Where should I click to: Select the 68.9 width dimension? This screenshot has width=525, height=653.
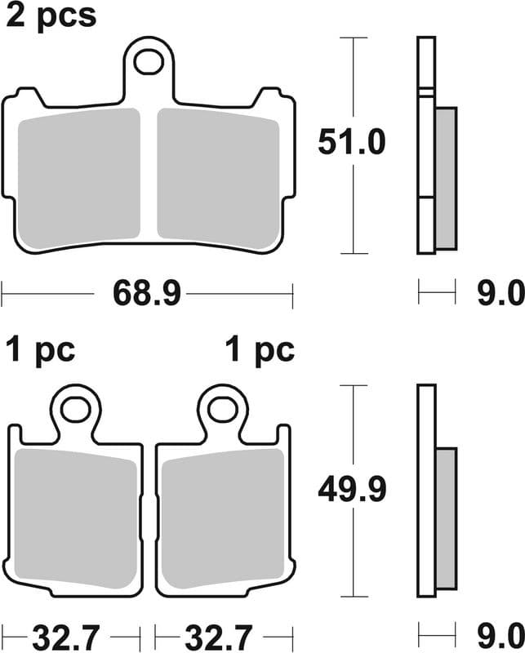tap(146, 291)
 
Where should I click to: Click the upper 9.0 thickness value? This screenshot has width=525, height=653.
tap(501, 291)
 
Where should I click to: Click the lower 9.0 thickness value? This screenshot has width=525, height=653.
tap(501, 634)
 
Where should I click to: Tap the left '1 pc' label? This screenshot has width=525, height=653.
tap(41, 350)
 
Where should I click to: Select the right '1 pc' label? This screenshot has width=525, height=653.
tap(260, 350)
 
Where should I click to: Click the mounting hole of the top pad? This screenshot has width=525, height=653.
tap(149, 60)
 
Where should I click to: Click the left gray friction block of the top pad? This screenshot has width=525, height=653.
tap(79, 180)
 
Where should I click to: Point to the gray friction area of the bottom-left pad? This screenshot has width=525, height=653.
tap(76, 518)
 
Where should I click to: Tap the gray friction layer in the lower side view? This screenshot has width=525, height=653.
tap(446, 518)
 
